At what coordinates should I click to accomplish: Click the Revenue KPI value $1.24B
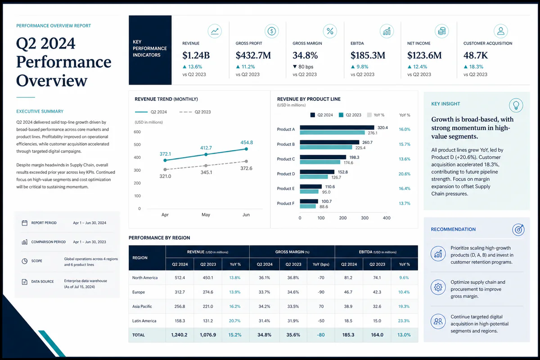coord(196,55)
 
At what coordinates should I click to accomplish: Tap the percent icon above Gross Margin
coord(330,31)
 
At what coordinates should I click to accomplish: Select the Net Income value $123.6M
coord(424,55)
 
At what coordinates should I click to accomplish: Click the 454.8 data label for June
coord(247,142)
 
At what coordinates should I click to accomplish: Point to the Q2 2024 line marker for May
coord(206,154)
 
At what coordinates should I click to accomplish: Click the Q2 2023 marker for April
coord(165,170)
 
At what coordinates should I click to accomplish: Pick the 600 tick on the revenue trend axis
coord(137,132)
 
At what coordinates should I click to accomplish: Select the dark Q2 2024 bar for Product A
coord(337,127)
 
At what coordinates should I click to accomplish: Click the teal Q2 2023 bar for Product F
coord(308,207)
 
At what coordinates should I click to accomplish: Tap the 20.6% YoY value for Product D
coord(404,174)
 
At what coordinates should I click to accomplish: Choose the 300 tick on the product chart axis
coord(364,218)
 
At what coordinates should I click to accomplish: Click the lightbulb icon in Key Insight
coord(516,105)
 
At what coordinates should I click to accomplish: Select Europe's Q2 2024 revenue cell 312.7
coord(180,292)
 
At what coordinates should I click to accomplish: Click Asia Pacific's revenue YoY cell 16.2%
coord(235,306)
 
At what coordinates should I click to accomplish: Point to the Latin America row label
coord(144,321)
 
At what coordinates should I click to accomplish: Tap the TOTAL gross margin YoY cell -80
coord(321,335)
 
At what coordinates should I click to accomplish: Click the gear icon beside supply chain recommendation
coord(438,287)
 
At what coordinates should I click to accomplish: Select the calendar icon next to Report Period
coord(25,223)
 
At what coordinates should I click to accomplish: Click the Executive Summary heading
coord(40,112)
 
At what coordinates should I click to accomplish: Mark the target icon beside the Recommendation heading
coord(518,229)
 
